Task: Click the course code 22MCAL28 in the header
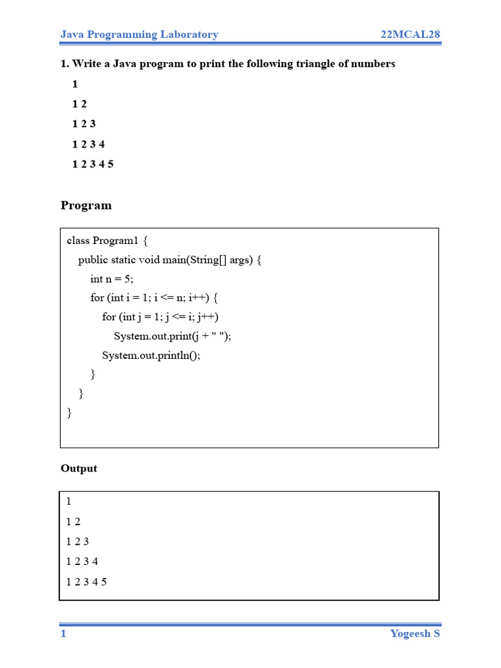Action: click(411, 35)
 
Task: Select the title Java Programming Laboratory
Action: click(139, 35)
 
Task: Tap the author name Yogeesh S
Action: click(415, 633)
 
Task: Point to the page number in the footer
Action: click(63, 633)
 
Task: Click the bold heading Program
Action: click(86, 205)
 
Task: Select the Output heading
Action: click(79, 468)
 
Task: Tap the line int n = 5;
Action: click(112, 279)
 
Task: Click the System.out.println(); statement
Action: click(151, 356)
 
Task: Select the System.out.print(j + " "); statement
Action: click(172, 336)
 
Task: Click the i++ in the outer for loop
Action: click(198, 298)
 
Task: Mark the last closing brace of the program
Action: click(69, 413)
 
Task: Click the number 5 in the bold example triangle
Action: click(111, 164)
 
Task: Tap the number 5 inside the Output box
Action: click(104, 581)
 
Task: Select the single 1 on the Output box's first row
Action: click(69, 502)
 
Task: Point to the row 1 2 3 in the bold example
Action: click(84, 124)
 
